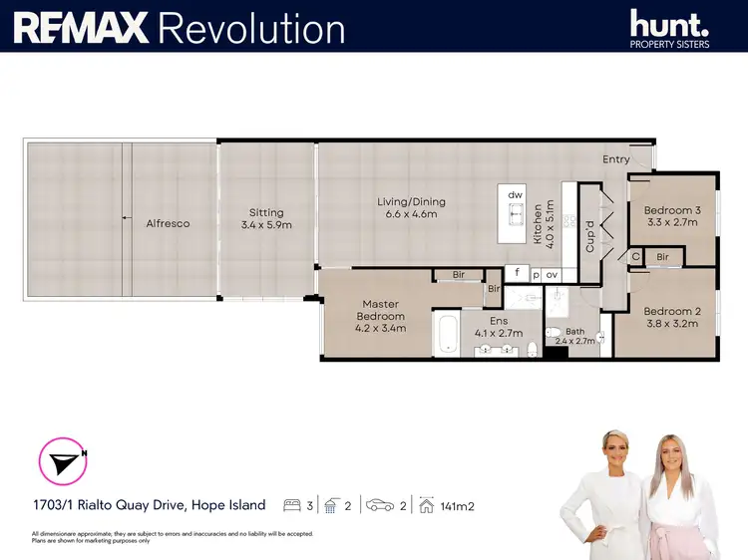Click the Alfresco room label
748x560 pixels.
pos(168,223)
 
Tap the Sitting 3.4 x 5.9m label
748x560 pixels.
pos(266,218)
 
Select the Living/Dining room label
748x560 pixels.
pos(411,208)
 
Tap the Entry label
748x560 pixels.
pos(616,159)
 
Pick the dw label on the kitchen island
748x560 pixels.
pos(516,194)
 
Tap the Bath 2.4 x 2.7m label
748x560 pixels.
pos(575,336)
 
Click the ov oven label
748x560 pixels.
pos(553,274)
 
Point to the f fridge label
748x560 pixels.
pos(517,273)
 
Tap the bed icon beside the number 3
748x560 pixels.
pos(293,505)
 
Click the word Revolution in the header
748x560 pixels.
pos(251,27)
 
